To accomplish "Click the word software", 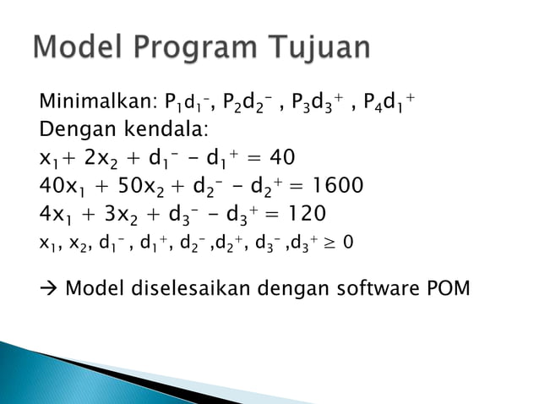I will pos(374,287).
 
